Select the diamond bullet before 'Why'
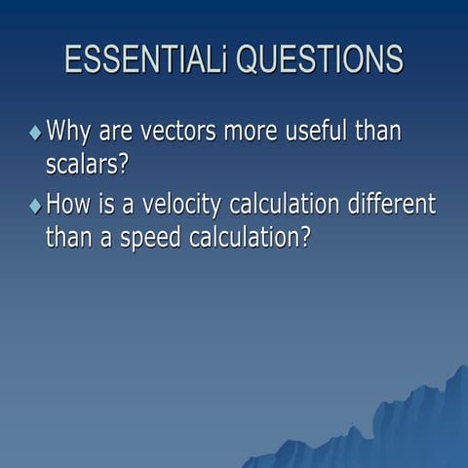pos(35,132)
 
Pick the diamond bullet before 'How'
pos(35,206)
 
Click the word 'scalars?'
pos(87,163)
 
